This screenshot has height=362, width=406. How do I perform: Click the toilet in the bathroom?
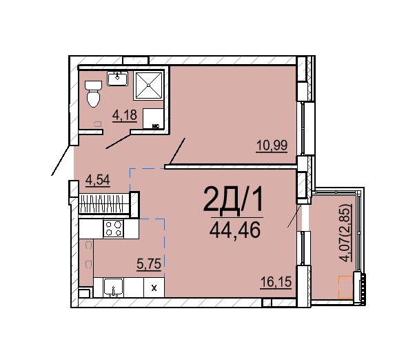(x=93, y=94)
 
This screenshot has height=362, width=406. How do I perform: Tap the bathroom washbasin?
(x=118, y=79)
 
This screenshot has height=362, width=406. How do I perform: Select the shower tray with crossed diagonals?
(x=149, y=86)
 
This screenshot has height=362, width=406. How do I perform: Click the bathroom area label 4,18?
(x=125, y=115)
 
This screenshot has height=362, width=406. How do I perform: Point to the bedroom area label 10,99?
(x=272, y=145)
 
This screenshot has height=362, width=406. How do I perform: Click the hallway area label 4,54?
(x=98, y=180)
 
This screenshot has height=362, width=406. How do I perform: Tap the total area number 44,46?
(x=235, y=231)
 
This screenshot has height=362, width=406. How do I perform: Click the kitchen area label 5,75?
(x=149, y=264)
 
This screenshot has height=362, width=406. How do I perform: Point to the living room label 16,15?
(x=276, y=282)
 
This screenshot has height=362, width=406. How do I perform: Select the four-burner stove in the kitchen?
(x=114, y=229)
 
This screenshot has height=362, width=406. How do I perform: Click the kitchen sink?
(x=113, y=288)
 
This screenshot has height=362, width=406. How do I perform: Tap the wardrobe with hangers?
(x=104, y=203)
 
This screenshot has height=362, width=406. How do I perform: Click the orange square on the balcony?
(x=345, y=287)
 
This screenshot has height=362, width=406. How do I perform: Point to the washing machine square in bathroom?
(x=153, y=119)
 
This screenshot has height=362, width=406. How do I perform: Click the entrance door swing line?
(x=61, y=161)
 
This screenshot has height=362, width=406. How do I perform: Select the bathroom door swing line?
(x=118, y=141)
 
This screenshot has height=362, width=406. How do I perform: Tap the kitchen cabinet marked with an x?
(x=154, y=288)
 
